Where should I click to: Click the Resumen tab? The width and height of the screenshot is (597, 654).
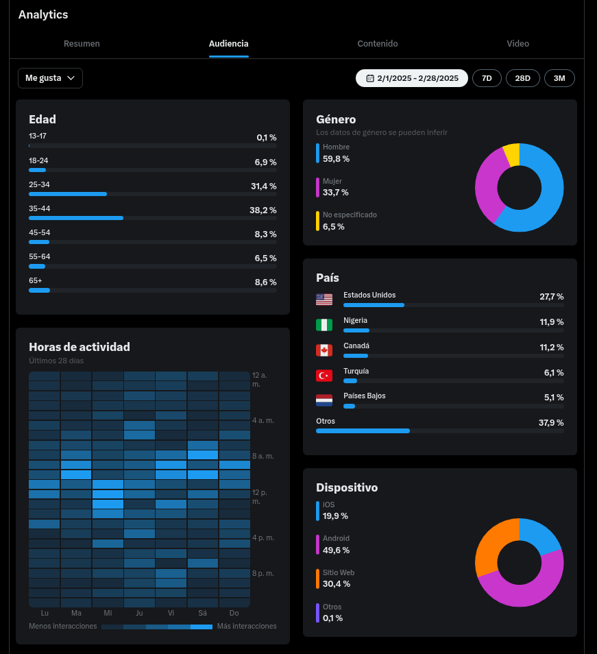click(82, 43)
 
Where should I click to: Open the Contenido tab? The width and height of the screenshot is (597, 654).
click(377, 43)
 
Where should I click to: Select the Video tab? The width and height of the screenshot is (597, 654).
click(517, 43)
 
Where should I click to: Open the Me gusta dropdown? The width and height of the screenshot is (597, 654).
click(50, 78)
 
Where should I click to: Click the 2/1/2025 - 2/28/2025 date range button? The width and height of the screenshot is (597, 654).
click(411, 78)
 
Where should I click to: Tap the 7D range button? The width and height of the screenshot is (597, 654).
click(487, 78)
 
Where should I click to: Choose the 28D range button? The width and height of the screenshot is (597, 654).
click(523, 78)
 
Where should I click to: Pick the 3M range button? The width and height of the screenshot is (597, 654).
click(559, 78)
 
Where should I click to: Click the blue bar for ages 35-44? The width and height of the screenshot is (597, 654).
click(76, 218)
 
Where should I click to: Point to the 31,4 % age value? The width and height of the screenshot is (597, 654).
click(263, 186)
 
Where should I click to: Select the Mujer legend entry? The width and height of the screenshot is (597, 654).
click(332, 187)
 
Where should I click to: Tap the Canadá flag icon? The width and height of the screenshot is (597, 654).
click(324, 350)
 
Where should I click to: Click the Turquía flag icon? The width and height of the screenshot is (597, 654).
click(324, 376)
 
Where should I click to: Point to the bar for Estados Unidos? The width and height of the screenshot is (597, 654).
click(374, 305)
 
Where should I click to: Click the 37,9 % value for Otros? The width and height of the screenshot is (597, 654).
click(551, 422)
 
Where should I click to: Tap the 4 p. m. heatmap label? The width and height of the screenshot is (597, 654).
click(263, 537)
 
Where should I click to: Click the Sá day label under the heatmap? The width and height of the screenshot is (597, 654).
click(203, 613)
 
